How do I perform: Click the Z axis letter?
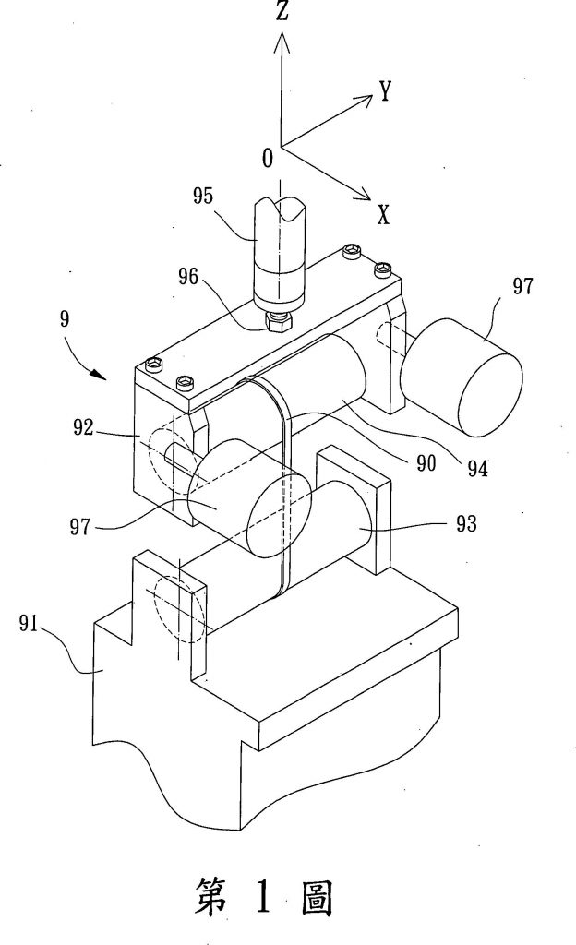282,11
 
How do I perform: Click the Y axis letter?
386,91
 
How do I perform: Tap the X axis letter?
384,214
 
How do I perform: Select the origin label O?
268,158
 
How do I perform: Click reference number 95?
203,197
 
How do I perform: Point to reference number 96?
188,277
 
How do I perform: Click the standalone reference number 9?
65,318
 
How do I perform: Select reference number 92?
84,428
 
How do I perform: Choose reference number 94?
478,468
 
